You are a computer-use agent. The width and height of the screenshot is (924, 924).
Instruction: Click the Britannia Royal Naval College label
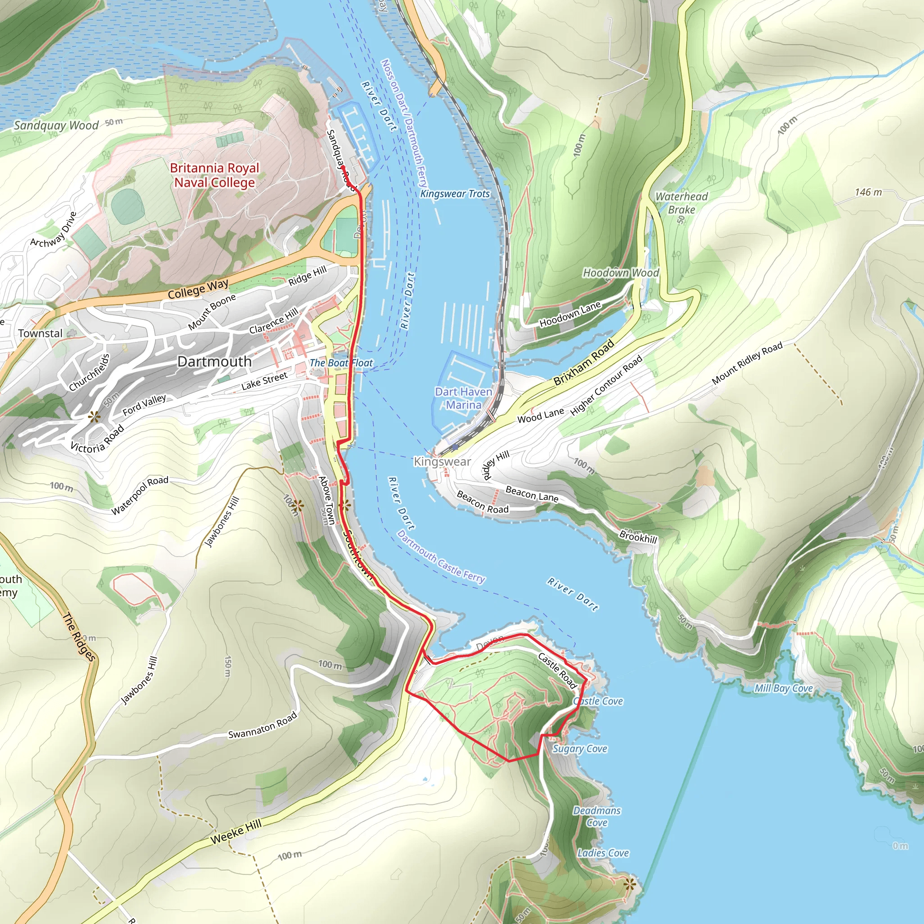[214, 175]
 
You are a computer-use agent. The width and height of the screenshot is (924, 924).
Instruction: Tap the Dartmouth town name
[214, 361]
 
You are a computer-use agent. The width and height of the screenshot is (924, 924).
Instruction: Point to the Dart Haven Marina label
[463, 398]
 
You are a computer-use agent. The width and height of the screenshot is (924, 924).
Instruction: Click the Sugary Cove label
[580, 748]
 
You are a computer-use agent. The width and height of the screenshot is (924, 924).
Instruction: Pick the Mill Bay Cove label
[783, 688]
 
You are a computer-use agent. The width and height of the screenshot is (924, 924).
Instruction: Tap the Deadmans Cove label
[597, 816]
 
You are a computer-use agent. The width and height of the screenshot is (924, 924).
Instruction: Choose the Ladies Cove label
[603, 853]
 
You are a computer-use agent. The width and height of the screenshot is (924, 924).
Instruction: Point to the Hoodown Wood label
[620, 273]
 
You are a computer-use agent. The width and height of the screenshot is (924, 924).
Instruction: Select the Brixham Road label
[583, 363]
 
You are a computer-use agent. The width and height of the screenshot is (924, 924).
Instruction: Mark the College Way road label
[198, 289]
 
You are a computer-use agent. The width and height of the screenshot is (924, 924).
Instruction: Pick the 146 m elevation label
[868, 192]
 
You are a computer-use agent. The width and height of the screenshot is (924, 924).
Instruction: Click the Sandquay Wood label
[56, 126]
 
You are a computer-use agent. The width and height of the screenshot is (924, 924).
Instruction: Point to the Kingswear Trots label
[455, 194]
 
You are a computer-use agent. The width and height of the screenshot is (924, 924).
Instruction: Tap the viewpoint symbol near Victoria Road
[94, 416]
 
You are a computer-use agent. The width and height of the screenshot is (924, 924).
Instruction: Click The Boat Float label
[341, 363]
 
